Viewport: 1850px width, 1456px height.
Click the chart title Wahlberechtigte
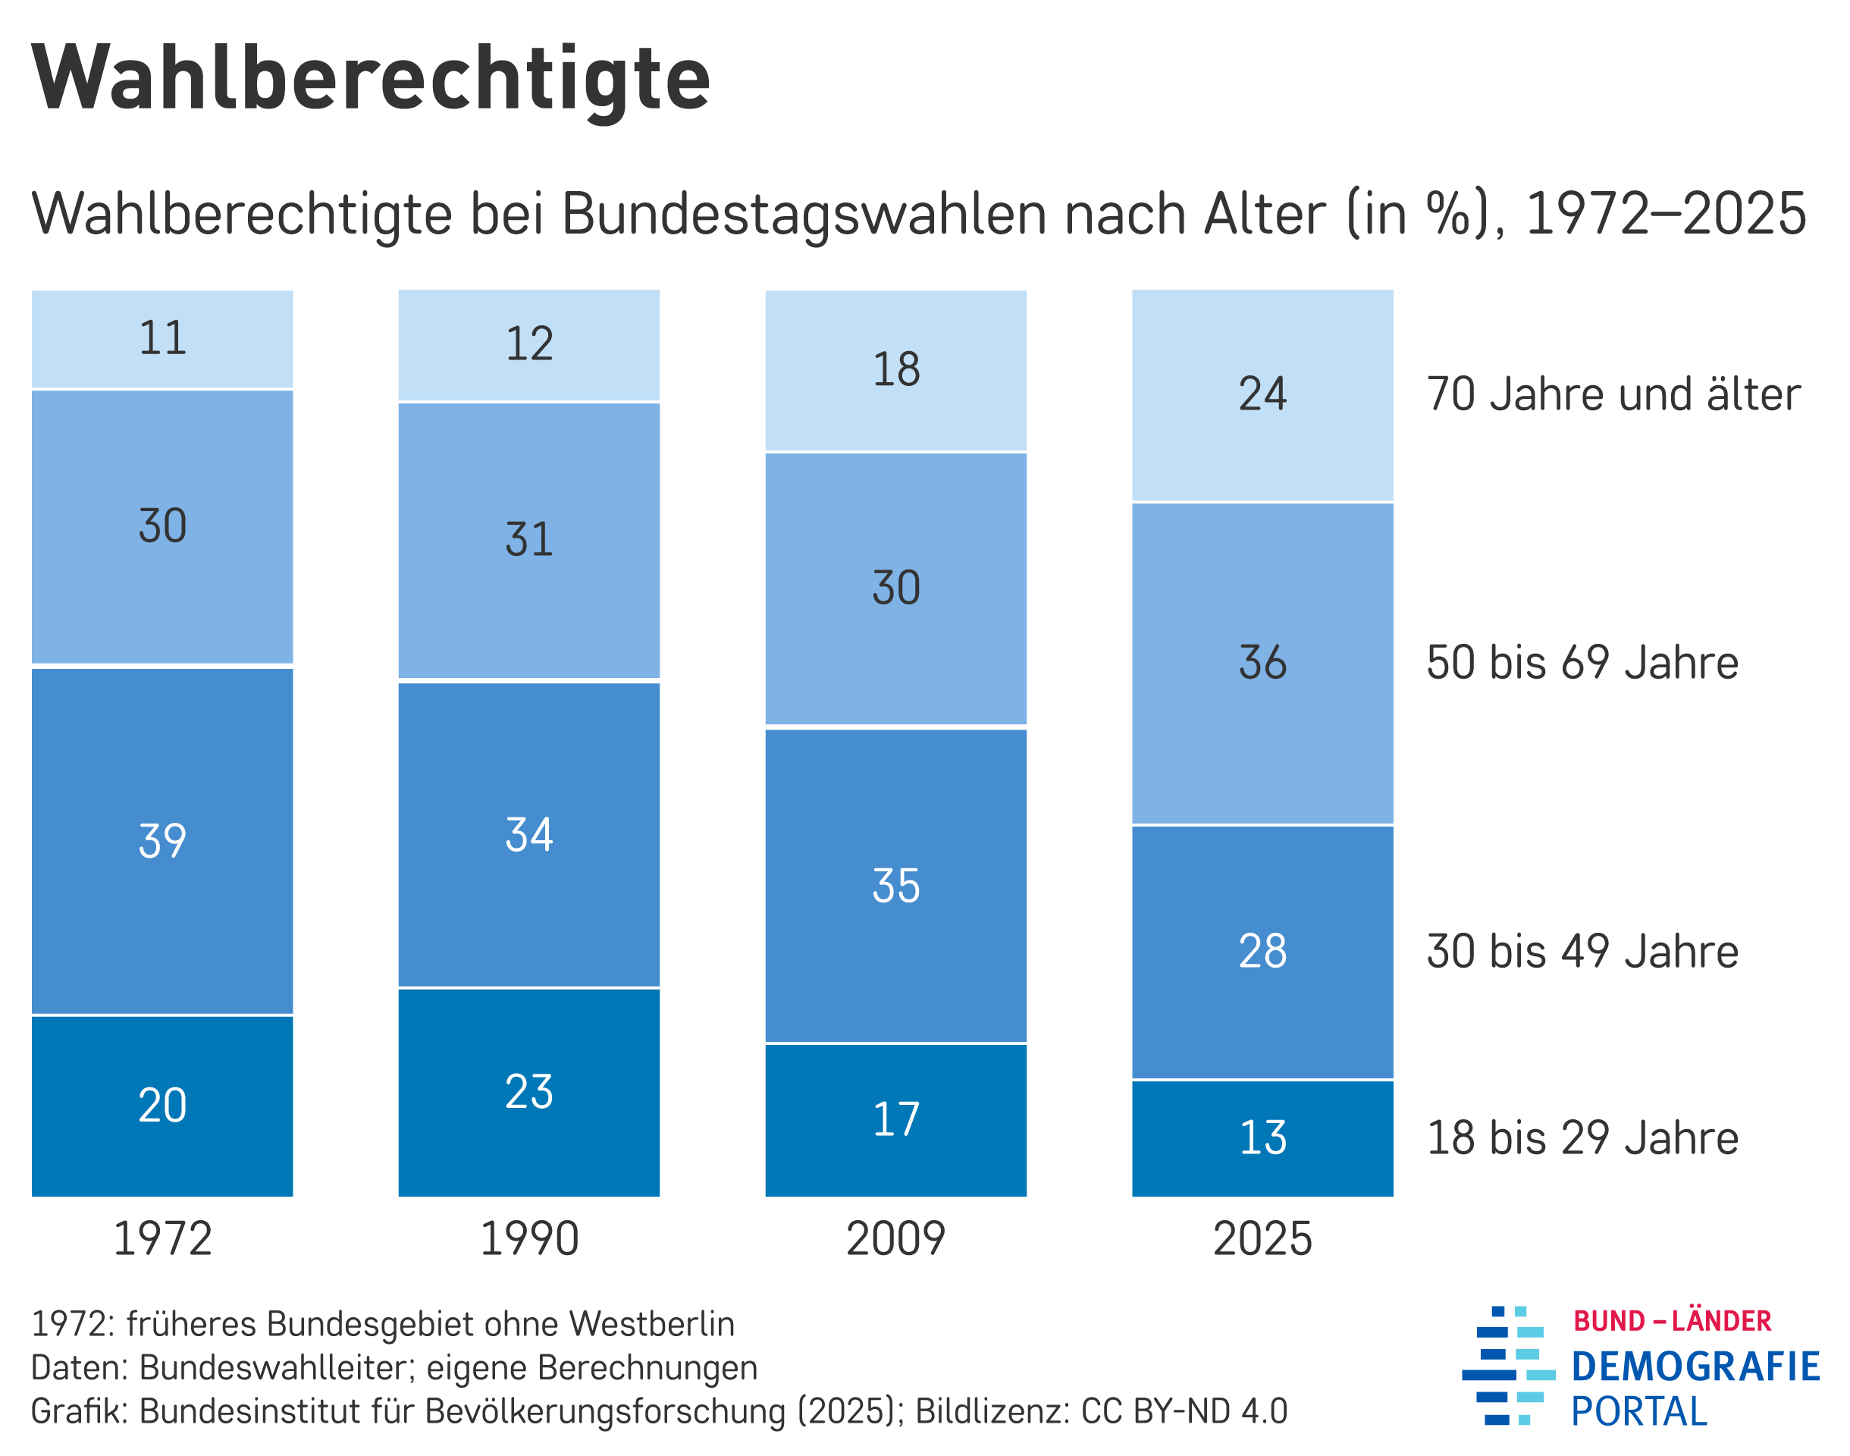click(x=371, y=78)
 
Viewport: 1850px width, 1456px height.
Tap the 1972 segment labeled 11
click(x=162, y=338)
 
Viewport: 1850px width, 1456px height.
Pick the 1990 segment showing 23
click(x=528, y=1091)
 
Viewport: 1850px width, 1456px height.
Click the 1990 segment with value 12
click(x=528, y=344)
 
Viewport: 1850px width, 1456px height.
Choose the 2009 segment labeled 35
click(x=895, y=885)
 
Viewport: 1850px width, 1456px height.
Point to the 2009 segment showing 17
click(x=895, y=1119)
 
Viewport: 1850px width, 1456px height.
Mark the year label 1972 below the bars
click(x=162, y=1238)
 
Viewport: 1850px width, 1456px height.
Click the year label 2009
click(x=895, y=1238)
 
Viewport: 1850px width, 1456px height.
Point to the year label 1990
click(x=528, y=1238)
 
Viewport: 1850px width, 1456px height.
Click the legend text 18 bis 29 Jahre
click(x=1582, y=1137)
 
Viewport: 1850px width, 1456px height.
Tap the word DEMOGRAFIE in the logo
click(x=1695, y=1367)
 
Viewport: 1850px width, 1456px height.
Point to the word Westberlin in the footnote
click(x=651, y=1324)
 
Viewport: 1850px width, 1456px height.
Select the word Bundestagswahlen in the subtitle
click(x=804, y=213)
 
